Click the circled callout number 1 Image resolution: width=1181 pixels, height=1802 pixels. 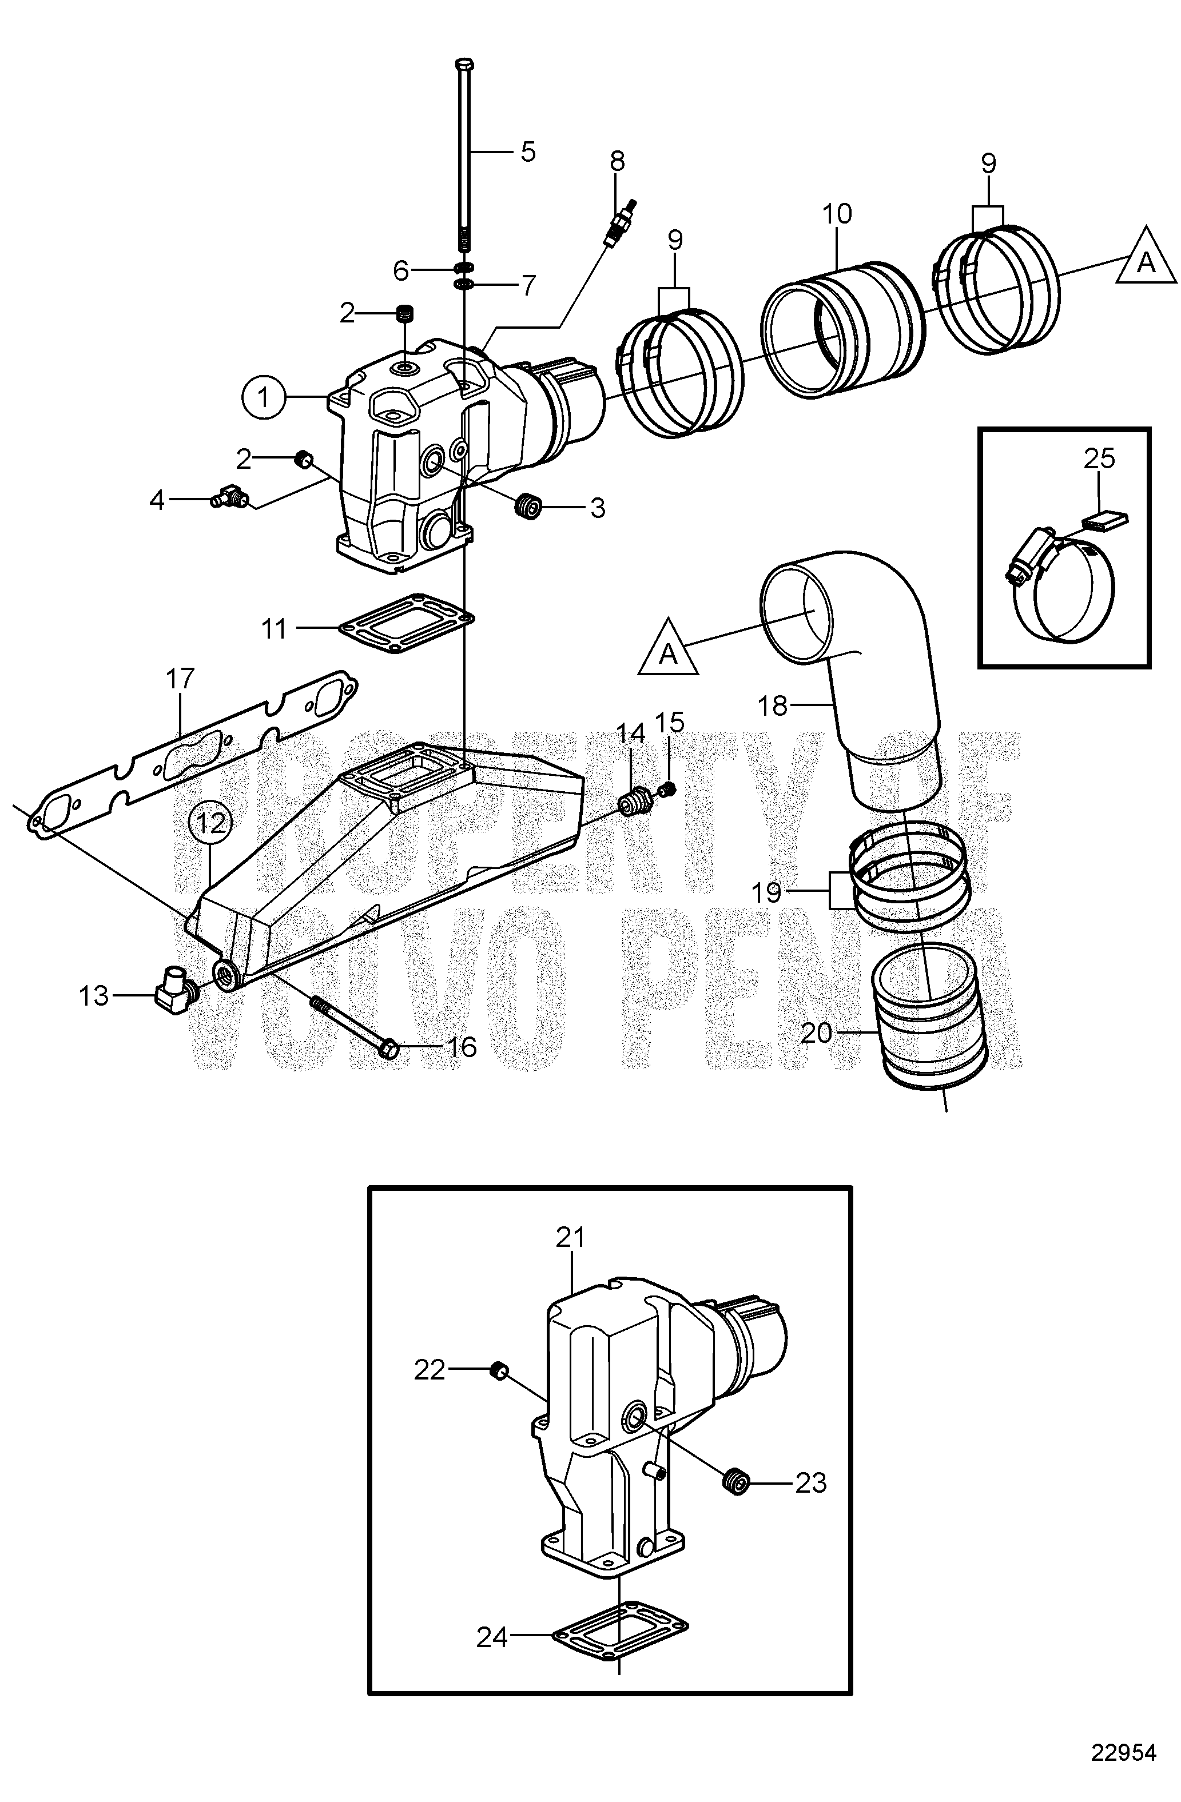point(264,397)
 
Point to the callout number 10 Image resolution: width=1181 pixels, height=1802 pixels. point(837,214)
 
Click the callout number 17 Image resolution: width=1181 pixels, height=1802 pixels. point(180,679)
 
